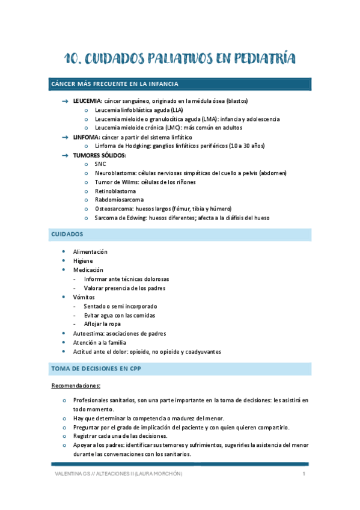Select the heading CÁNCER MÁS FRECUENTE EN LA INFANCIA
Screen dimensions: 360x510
(114, 84)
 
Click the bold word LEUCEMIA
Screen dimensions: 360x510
(87, 101)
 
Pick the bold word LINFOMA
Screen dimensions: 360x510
(87, 137)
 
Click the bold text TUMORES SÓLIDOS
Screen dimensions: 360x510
(100, 155)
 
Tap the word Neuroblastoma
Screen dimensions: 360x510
(115, 173)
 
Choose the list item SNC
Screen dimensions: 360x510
(100, 164)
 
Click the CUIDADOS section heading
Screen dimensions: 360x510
(67, 233)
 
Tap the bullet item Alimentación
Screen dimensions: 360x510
(90, 251)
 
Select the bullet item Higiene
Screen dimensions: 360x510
(83, 260)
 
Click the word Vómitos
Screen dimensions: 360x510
(84, 297)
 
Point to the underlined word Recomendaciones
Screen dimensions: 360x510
(76, 385)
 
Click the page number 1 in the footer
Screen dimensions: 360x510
(305, 475)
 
